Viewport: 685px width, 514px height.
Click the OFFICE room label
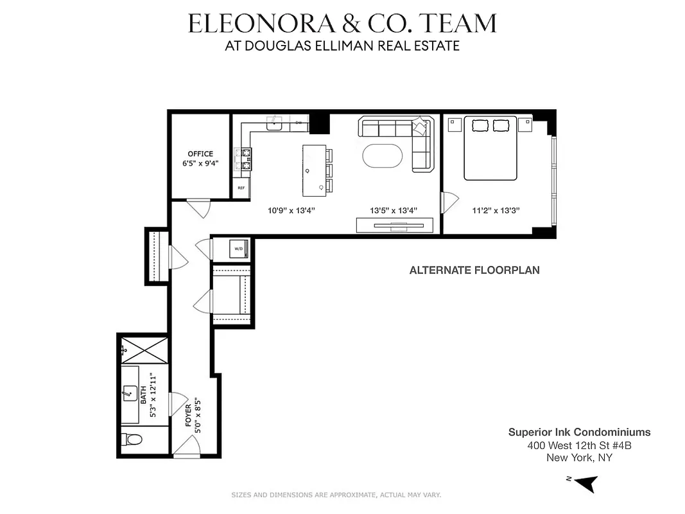(x=200, y=154)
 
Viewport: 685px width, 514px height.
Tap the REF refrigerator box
(x=241, y=188)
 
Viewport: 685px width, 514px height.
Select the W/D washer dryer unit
(x=238, y=249)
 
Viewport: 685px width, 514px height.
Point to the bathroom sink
(x=129, y=394)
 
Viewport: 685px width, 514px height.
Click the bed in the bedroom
(x=490, y=147)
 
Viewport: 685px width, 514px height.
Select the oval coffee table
(x=383, y=156)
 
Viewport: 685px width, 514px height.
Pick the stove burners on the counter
(x=245, y=159)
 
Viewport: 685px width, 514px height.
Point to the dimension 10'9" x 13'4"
(x=291, y=210)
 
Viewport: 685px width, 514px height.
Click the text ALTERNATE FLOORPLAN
(x=474, y=270)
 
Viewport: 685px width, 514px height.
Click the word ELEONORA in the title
(x=262, y=24)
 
